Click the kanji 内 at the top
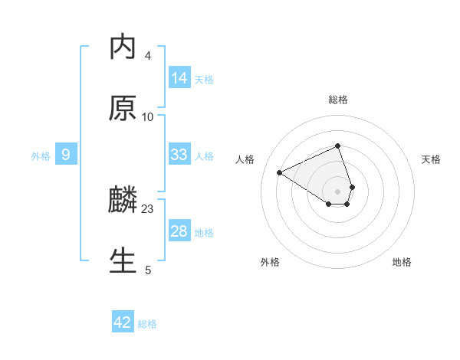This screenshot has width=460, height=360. coord(123,48)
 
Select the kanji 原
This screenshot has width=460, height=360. coord(123,109)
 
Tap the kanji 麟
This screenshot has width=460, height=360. coord(123,201)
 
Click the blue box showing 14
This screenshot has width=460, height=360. coord(179,78)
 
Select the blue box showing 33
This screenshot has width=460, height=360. coord(179,155)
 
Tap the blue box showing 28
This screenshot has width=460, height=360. coord(179,231)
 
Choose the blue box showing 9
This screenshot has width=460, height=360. coord(66,155)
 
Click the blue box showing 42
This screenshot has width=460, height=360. coord(123,322)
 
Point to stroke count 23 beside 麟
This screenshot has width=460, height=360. coord(148,208)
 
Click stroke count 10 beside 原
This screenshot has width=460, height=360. coord(148,116)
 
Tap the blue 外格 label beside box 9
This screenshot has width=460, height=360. coord(41,155)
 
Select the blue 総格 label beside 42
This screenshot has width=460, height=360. coord(147,323)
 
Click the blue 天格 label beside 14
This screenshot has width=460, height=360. coord(204,79)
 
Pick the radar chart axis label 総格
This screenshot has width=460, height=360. coord(337,100)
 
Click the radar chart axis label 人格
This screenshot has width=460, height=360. coord(245,159)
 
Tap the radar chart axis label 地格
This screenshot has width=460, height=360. coord(402,262)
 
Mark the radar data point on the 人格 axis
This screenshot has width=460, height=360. coord(280,172)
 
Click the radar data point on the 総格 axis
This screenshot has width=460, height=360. coord(337,146)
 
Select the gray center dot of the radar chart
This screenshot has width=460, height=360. coord(337,191)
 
